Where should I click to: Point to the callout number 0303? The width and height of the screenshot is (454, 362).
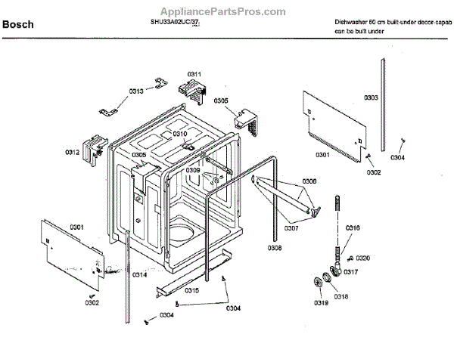point(371,97)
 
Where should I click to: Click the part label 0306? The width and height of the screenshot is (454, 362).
point(309,181)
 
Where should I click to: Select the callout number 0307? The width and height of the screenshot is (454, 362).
point(292,227)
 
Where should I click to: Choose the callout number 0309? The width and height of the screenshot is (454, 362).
point(194,171)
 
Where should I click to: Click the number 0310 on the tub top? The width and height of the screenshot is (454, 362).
point(179,133)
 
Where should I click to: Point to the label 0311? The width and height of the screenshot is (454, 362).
point(194,74)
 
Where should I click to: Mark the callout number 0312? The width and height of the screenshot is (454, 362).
point(72,152)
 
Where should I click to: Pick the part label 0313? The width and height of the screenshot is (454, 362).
point(136,91)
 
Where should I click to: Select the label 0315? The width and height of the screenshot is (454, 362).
point(191,290)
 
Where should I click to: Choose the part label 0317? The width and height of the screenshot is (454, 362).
point(351,271)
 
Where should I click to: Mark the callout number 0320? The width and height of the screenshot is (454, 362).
point(363,258)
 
